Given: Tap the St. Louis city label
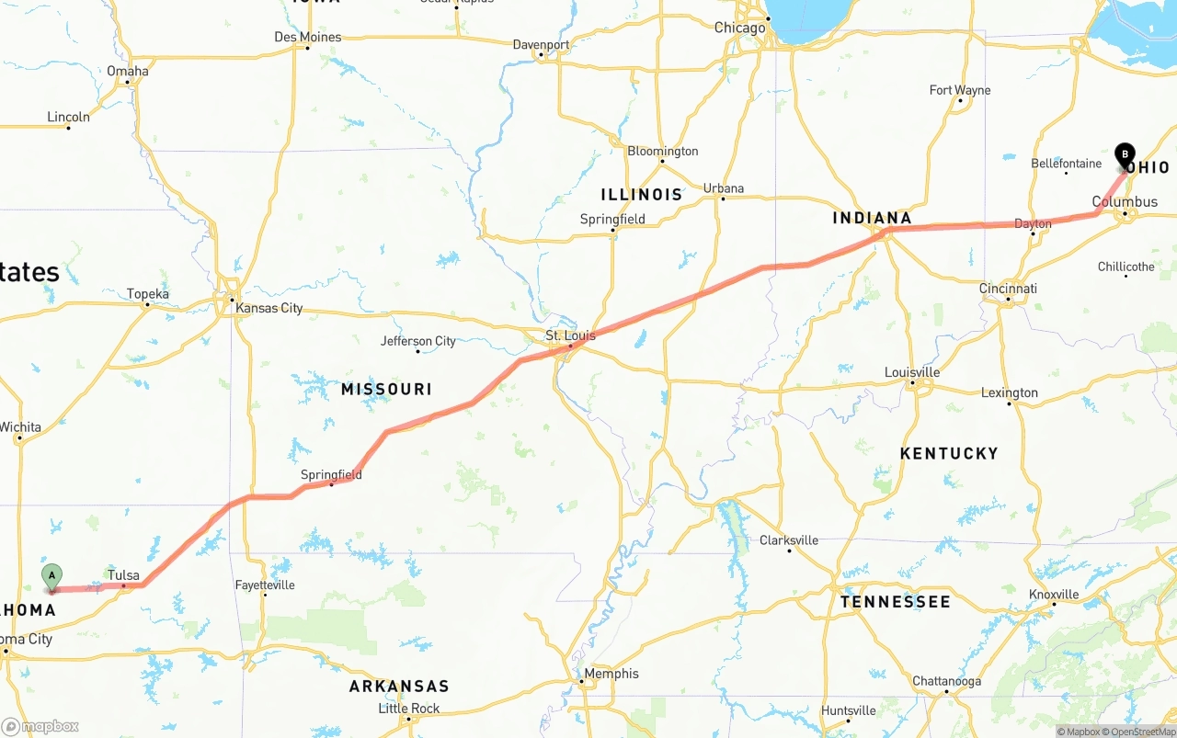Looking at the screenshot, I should click(x=570, y=335).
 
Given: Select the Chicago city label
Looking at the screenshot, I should click(x=739, y=28).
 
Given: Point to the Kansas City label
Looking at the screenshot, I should click(x=269, y=308).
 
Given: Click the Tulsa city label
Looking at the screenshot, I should click(x=123, y=575).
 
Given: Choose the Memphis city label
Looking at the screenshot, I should click(x=611, y=674).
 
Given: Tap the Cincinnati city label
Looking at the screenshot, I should click(x=1008, y=289).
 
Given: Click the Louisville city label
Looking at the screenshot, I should click(x=912, y=372).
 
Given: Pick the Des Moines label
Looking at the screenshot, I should click(x=307, y=37).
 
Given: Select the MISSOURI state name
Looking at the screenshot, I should click(x=386, y=390).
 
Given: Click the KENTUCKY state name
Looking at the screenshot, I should click(x=949, y=453).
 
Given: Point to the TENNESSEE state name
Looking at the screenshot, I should click(x=895, y=602).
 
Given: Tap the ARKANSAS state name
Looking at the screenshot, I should click(x=399, y=687).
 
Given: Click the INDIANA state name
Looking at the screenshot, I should click(x=872, y=218).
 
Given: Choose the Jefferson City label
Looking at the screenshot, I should click(x=418, y=341).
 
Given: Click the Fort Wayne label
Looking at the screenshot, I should click(x=960, y=90).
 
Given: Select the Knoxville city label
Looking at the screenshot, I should click(x=1053, y=595).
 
